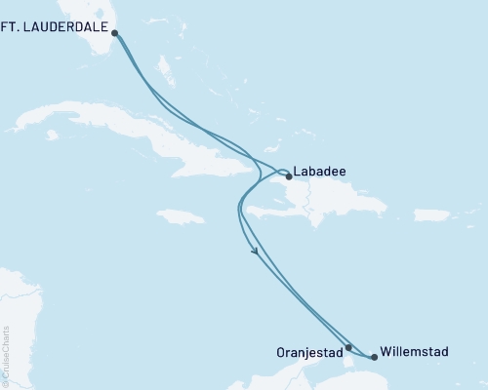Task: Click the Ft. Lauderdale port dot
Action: tap(115, 33)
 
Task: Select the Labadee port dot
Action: tap(288, 176)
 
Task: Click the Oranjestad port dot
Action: tap(348, 346)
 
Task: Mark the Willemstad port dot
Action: tap(374, 357)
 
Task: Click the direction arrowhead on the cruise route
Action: tap(256, 253)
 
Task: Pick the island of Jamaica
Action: tap(179, 215)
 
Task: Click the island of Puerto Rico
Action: tap(431, 214)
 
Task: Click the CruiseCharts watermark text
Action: tap(6, 356)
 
